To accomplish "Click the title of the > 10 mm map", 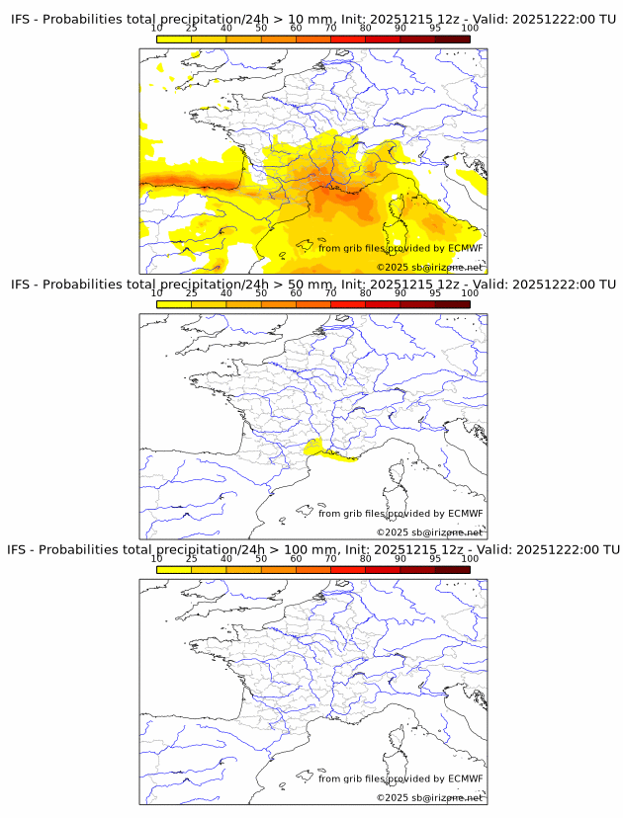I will click(312, 20).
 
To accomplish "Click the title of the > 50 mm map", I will click(312, 285).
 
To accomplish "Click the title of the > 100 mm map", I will click(312, 549).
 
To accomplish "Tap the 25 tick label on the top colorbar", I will click(192, 29).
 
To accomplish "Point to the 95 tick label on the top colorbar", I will click(434, 29).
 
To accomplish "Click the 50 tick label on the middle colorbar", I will click(261, 293).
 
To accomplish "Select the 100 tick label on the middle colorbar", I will click(470, 293).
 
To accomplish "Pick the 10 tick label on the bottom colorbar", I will click(157, 558).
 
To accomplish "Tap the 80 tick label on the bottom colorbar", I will click(365, 558).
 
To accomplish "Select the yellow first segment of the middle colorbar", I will click(174, 304).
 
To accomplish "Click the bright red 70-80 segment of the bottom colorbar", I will click(347, 569).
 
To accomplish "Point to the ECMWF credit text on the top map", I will click(400, 248).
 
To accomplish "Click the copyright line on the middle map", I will click(429, 532).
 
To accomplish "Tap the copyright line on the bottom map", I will click(429, 797).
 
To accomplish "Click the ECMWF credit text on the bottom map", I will click(400, 778).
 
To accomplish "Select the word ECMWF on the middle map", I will click(465, 514).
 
